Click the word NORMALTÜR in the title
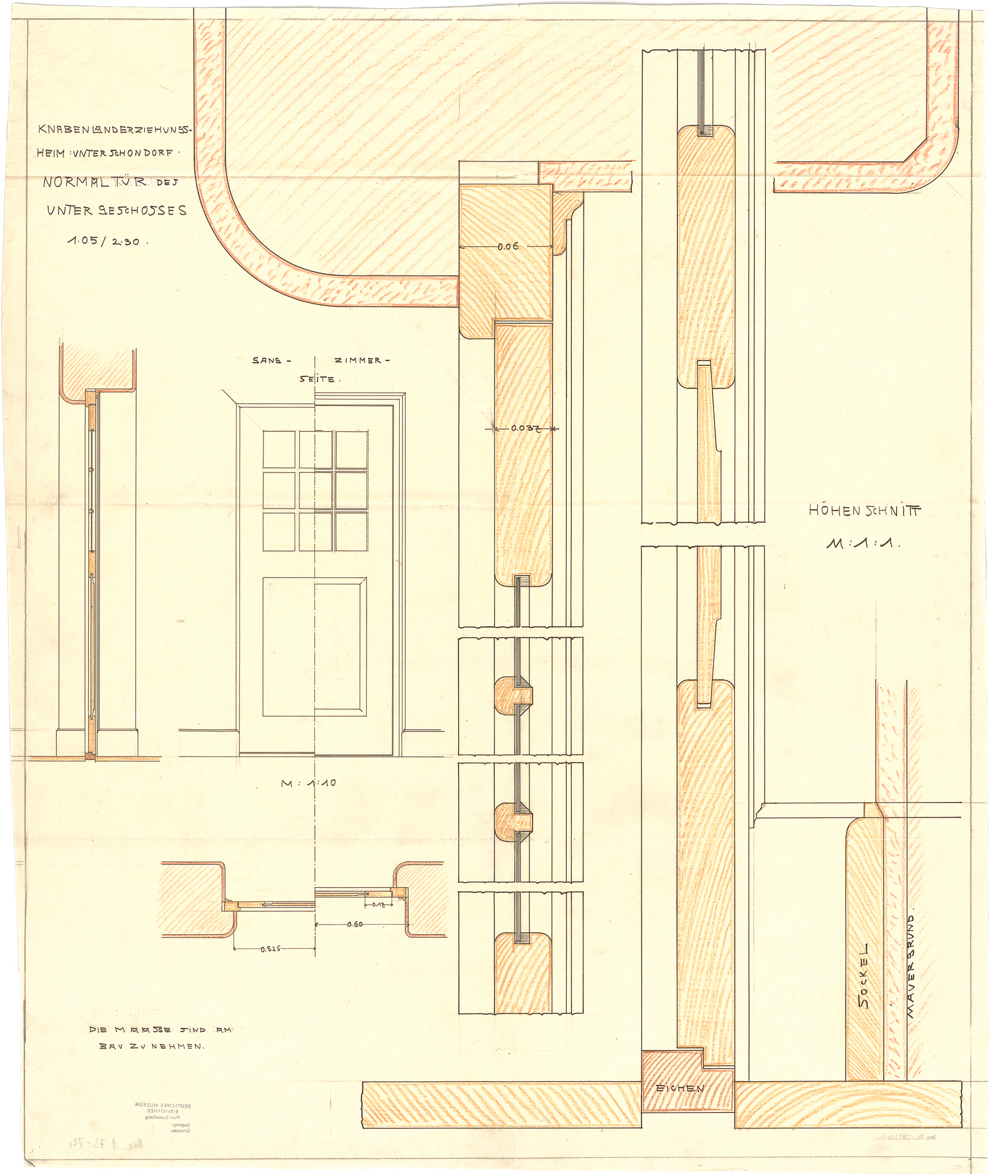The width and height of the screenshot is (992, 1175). [95, 182]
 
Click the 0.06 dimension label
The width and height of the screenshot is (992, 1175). [508, 247]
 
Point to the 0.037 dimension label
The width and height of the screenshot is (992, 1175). [526, 429]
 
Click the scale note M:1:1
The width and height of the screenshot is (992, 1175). [863, 543]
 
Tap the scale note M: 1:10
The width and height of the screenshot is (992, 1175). [308, 782]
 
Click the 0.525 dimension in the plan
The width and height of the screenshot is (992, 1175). [272, 949]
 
